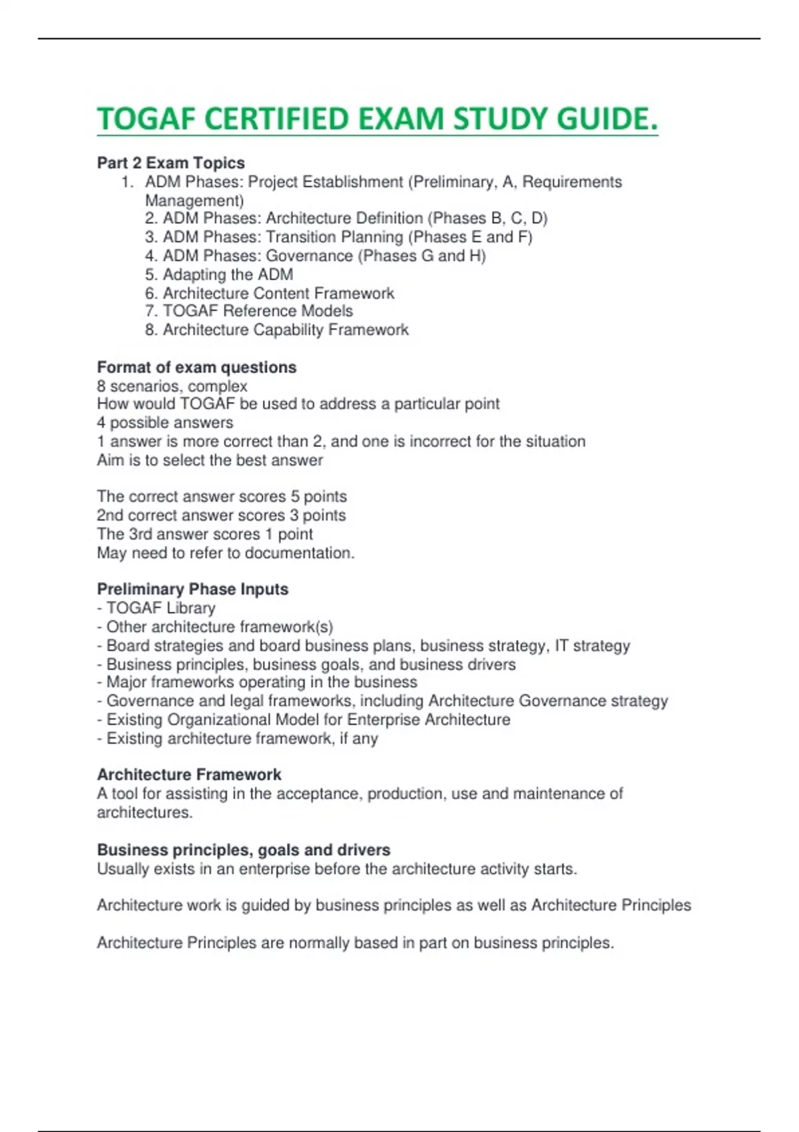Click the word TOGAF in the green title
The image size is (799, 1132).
(146, 119)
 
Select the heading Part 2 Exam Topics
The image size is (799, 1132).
(170, 163)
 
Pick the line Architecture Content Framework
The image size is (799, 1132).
(278, 293)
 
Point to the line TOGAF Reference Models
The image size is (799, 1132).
(258, 311)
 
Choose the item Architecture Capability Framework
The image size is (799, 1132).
(286, 330)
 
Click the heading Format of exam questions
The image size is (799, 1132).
(196, 367)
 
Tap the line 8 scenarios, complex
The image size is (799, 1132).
(172, 386)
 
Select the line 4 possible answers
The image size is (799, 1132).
(164, 422)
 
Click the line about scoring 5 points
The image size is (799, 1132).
(222, 496)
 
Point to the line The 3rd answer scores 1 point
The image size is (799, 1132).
(204, 534)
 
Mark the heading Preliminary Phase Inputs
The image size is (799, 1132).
(192, 589)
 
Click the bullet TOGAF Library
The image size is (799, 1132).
(160, 608)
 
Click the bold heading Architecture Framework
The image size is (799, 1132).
(189, 774)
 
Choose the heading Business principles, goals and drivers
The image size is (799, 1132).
(244, 850)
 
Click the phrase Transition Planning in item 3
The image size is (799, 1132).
(335, 237)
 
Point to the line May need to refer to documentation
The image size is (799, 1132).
(225, 553)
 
